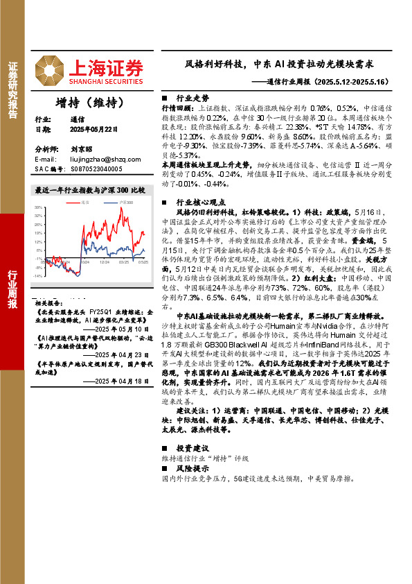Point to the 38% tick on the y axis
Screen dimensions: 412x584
tap(38, 207)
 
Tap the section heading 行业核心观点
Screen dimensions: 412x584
tap(201, 202)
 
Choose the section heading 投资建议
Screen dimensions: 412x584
tap(192, 448)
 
